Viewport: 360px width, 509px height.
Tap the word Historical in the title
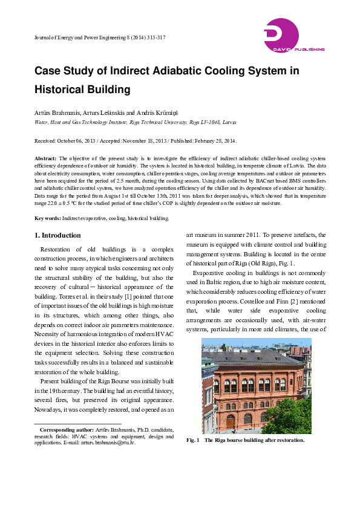pos(61,90)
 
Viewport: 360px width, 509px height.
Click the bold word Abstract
pos(45,158)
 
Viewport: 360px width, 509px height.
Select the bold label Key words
pos(47,218)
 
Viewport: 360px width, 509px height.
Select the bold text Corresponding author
pos(65,429)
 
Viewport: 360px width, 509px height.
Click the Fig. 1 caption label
pos(194,440)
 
